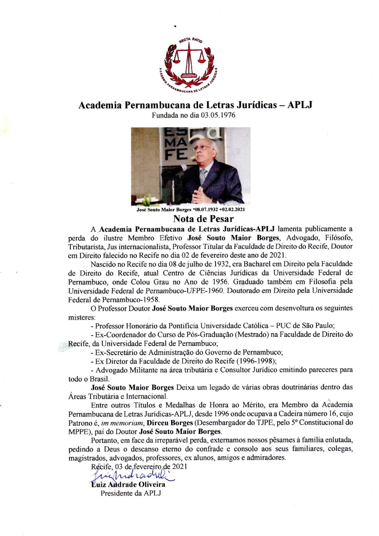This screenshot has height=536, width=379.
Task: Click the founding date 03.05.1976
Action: click(218, 115)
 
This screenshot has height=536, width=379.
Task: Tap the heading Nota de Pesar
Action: click(203, 219)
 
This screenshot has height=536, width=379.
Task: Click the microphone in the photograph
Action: click(184, 168)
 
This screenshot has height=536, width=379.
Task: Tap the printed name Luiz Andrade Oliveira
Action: click(128, 484)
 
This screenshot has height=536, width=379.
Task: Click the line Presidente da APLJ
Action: click(131, 493)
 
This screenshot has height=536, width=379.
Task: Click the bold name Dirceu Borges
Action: click(170, 423)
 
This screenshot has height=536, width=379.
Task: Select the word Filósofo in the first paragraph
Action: click(337, 238)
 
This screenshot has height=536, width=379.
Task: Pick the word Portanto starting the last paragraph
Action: click(104, 441)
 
